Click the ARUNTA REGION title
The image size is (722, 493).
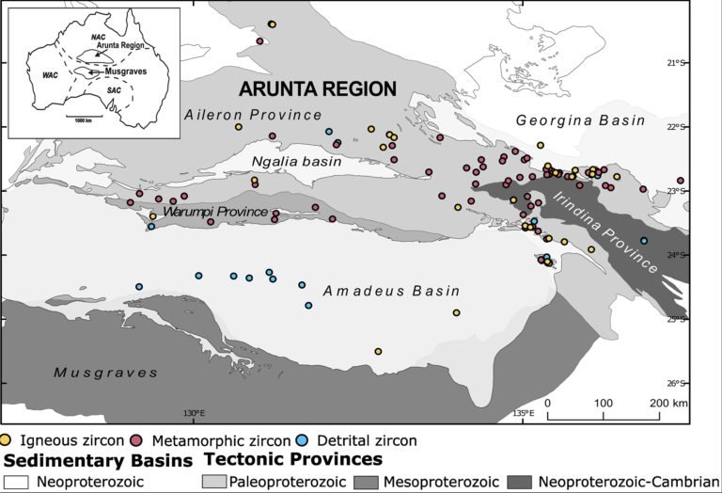[x=317, y=89]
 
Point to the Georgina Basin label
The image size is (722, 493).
[x=580, y=121]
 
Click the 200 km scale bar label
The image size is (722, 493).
[x=670, y=403]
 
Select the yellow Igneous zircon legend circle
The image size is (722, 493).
[x=8, y=439]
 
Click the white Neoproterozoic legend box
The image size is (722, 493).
[x=15, y=481]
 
